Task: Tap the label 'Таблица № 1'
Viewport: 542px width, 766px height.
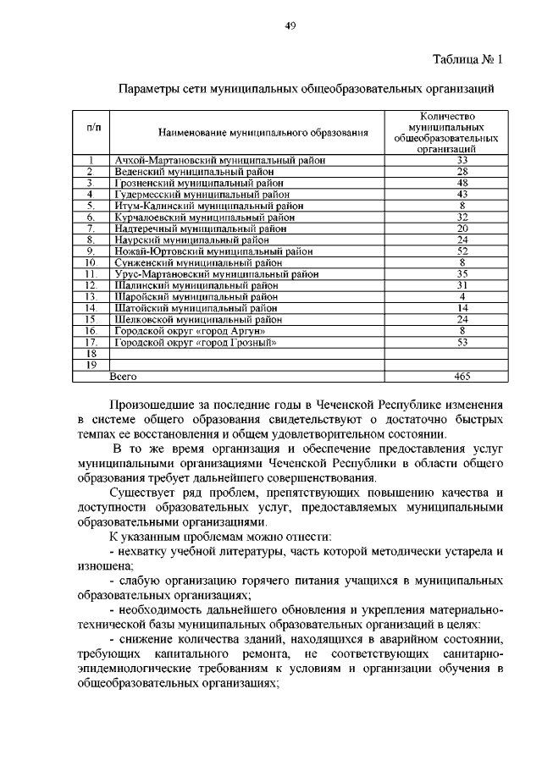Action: click(467, 60)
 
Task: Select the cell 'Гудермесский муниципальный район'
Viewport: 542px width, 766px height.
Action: click(203, 194)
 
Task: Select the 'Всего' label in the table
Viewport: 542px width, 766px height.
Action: click(124, 376)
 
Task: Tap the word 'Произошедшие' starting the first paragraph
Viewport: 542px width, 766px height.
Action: click(153, 404)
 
